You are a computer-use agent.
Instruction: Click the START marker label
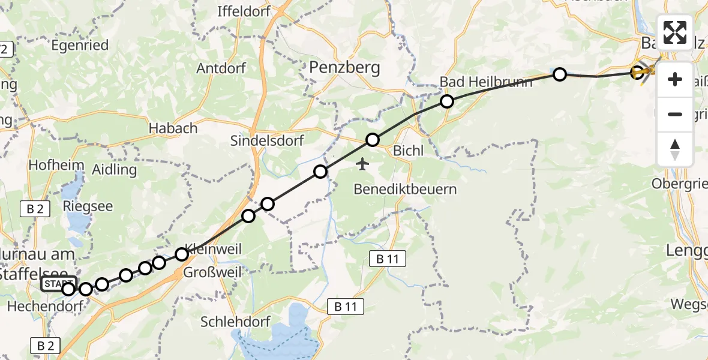point(58,283)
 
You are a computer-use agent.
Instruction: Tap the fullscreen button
point(675,32)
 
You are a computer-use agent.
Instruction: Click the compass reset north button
point(675,149)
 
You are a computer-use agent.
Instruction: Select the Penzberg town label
point(344,68)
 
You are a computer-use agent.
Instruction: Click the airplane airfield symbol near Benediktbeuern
point(362,163)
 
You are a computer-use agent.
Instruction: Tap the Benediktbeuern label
point(405,190)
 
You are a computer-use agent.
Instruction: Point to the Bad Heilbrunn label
point(486,82)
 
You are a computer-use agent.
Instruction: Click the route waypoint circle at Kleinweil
point(182,254)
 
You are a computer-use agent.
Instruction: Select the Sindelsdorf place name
point(267,141)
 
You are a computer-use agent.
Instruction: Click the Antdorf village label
point(221,68)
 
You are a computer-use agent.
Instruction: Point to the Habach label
point(173,128)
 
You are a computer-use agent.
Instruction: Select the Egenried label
point(80,45)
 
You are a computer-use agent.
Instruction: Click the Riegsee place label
point(88,206)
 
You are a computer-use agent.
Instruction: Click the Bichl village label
point(409,151)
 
